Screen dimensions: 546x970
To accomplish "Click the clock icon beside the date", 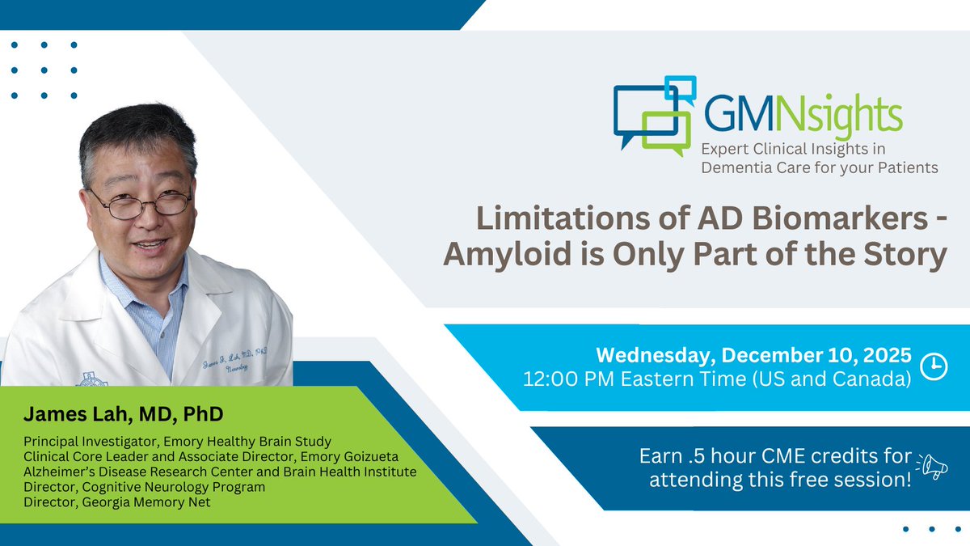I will pyautogui.click(x=934, y=366).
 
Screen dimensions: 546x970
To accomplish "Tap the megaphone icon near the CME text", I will pyautogui.click(x=932, y=468).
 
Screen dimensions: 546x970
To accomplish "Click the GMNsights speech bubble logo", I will pyautogui.click(x=653, y=112).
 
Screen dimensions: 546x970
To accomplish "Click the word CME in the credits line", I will pyautogui.click(x=808, y=456).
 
